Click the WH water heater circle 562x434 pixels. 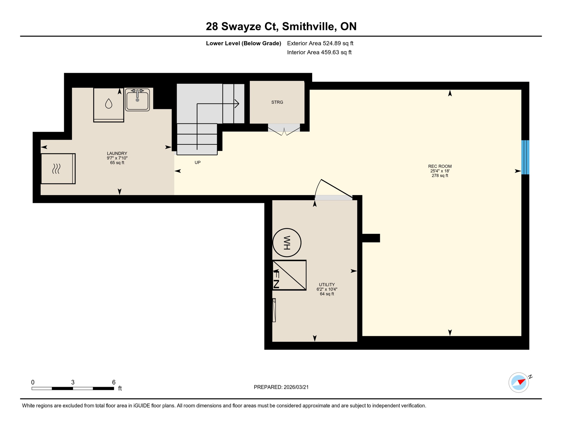pyautogui.click(x=287, y=242)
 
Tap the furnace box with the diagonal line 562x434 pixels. pyautogui.click(x=289, y=275)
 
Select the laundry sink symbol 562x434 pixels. pyautogui.click(x=137, y=99)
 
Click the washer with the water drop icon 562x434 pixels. pyautogui.click(x=109, y=105)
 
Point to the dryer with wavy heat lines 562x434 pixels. pyautogui.click(x=58, y=169)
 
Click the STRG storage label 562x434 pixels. pyautogui.click(x=277, y=102)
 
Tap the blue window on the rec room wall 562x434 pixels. pyautogui.click(x=525, y=157)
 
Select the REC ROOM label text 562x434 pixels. pyautogui.click(x=440, y=166)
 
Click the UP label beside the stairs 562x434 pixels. pyautogui.click(x=198, y=162)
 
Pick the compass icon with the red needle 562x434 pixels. pyautogui.click(x=518, y=383)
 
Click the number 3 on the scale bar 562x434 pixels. pyautogui.click(x=73, y=382)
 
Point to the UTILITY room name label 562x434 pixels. pyautogui.click(x=327, y=285)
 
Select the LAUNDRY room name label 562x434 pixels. pyautogui.click(x=117, y=153)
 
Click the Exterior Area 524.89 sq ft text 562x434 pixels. pyautogui.click(x=320, y=43)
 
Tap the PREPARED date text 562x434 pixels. pyautogui.click(x=281, y=387)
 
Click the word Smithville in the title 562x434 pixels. pyautogui.click(x=309, y=26)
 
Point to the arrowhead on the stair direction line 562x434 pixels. pyautogui.click(x=237, y=104)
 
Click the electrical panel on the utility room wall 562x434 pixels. pyautogui.click(x=274, y=310)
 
